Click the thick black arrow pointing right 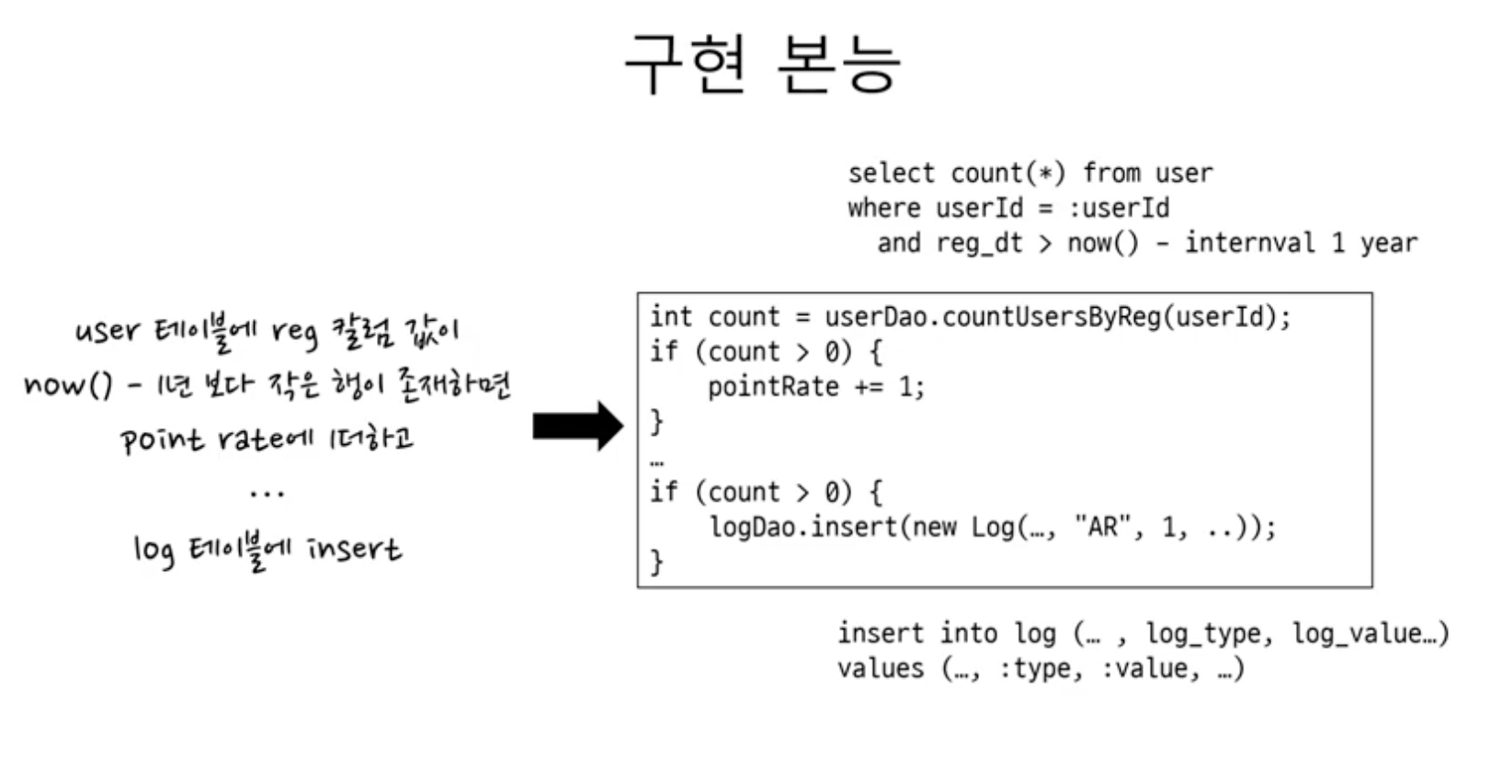coord(578,426)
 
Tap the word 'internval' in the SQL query coord(1249,243)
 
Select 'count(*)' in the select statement coord(1007,173)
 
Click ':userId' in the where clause coord(1119,208)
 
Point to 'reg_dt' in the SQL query coord(979,243)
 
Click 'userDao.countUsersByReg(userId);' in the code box coord(1057,317)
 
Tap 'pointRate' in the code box coord(773,387)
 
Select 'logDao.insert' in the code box coord(803,528)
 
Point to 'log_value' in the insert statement coord(1358,633)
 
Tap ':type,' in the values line coord(1041,669)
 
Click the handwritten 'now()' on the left coord(68,385)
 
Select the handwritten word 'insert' coord(354,549)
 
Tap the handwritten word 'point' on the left coord(162,440)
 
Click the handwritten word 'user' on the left coord(108,331)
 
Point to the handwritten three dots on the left coord(267,494)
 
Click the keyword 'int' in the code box coord(670,317)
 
